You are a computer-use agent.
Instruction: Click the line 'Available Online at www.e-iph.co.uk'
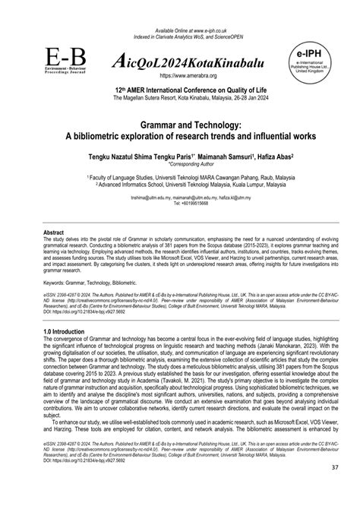179,7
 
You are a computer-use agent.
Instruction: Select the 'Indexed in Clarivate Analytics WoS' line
179,14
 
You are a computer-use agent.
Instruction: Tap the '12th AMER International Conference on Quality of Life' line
179,89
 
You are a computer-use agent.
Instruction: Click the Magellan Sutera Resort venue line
179,97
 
